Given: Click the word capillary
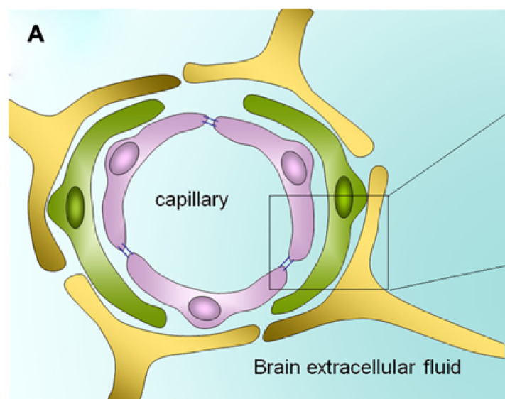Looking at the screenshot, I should (192, 199).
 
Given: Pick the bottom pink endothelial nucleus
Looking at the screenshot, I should (204, 307).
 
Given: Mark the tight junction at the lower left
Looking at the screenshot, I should (126, 250).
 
